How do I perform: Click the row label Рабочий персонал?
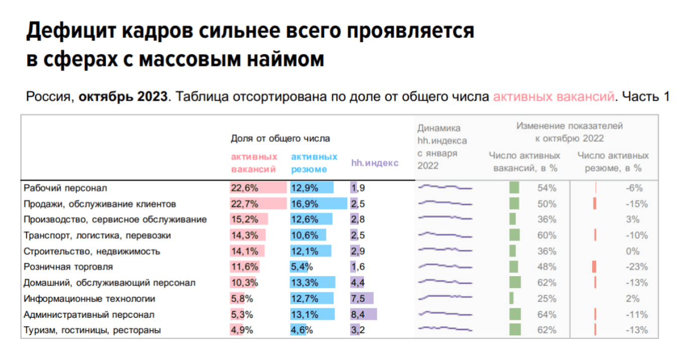click(x=65, y=189)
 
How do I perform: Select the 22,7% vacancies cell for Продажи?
click(x=244, y=204)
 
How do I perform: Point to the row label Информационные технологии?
click(x=90, y=299)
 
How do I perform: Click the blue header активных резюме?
click(x=314, y=163)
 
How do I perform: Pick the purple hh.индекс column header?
click(x=375, y=163)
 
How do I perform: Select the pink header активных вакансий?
click(x=254, y=163)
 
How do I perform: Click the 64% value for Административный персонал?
click(x=547, y=315)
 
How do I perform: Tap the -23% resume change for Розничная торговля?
click(x=636, y=266)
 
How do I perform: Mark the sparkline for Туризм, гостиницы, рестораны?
click(x=445, y=330)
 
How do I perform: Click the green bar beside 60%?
click(x=514, y=235)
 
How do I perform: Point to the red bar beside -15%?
click(x=594, y=204)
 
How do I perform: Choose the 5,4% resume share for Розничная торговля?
click(x=302, y=266)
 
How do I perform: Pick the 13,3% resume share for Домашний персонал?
click(x=304, y=283)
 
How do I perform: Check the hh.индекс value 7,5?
click(x=358, y=299)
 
